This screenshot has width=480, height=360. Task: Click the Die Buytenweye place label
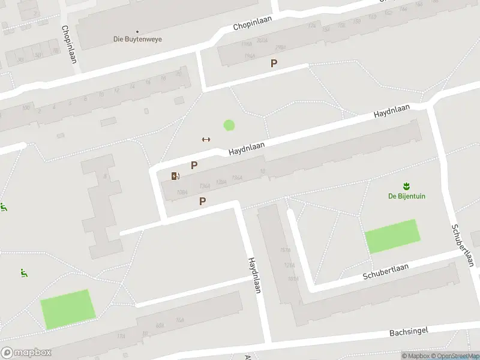(137, 40)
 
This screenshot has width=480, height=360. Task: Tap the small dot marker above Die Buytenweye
(137, 31)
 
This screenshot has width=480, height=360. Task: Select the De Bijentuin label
(407, 196)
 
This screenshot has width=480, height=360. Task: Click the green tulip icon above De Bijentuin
(407, 185)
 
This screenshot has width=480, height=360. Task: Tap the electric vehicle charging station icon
(175, 176)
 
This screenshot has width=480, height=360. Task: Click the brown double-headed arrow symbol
(206, 139)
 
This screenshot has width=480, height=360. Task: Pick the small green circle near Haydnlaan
(229, 125)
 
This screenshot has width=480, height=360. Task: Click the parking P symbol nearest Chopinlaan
(274, 63)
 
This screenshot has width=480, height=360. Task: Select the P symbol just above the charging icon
(194, 165)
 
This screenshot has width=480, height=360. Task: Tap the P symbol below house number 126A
(203, 202)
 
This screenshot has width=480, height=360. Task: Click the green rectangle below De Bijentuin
(392, 236)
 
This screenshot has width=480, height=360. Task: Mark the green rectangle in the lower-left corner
(68, 309)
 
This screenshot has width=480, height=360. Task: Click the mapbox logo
(26, 353)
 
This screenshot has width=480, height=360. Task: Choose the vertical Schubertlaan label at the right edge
(463, 245)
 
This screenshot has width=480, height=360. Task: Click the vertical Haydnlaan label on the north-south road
(254, 275)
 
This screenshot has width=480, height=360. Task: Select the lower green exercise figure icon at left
(23, 273)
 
